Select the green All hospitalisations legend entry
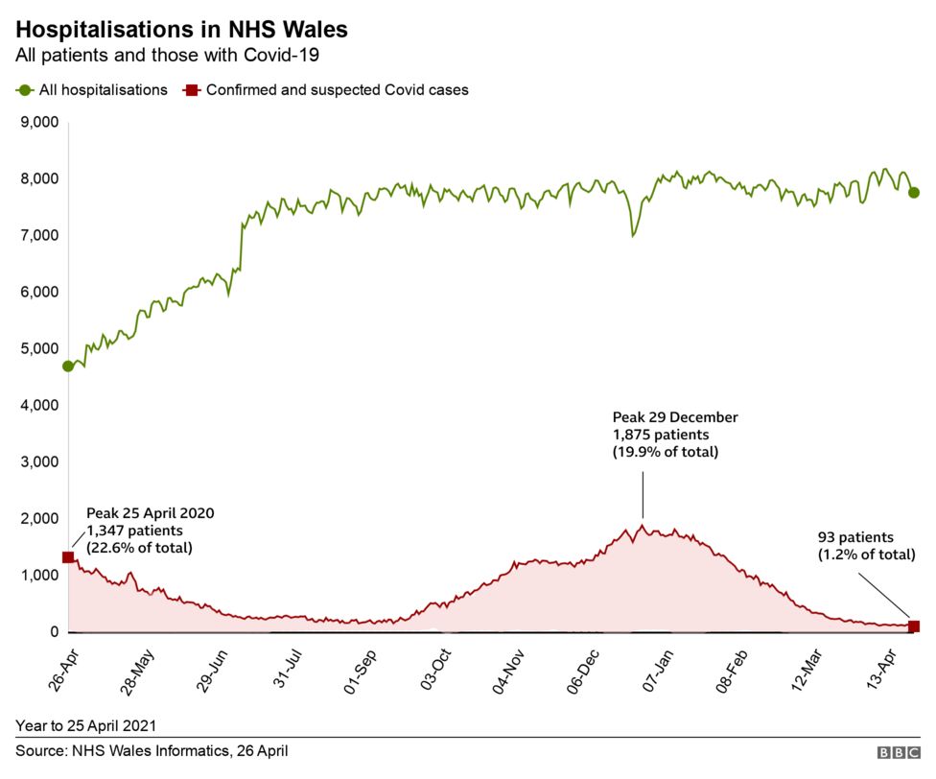(92, 90)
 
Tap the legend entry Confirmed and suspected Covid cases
(326, 90)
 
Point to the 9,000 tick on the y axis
(39, 122)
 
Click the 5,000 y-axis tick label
(39, 348)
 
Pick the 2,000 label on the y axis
(39, 518)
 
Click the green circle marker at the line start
(68, 366)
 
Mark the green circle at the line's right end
(914, 192)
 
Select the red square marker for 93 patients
(914, 626)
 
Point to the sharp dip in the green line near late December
(632, 235)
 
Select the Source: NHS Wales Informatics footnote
(152, 751)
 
